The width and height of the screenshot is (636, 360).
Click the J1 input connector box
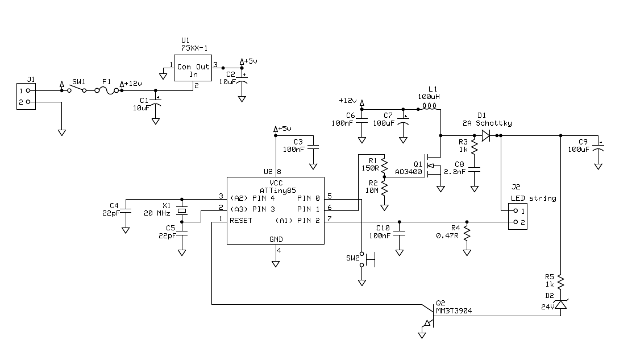click(x=26, y=96)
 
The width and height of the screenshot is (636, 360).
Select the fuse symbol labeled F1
click(x=106, y=90)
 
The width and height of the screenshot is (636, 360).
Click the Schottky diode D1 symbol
click(x=486, y=135)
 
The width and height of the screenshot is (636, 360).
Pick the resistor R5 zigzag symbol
click(x=560, y=282)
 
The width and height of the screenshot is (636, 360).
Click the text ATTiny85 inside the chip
click(x=277, y=189)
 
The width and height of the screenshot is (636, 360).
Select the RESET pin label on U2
click(x=241, y=220)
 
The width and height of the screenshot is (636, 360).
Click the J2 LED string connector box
click(x=517, y=216)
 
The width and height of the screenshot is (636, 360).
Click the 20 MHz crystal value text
click(x=157, y=213)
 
